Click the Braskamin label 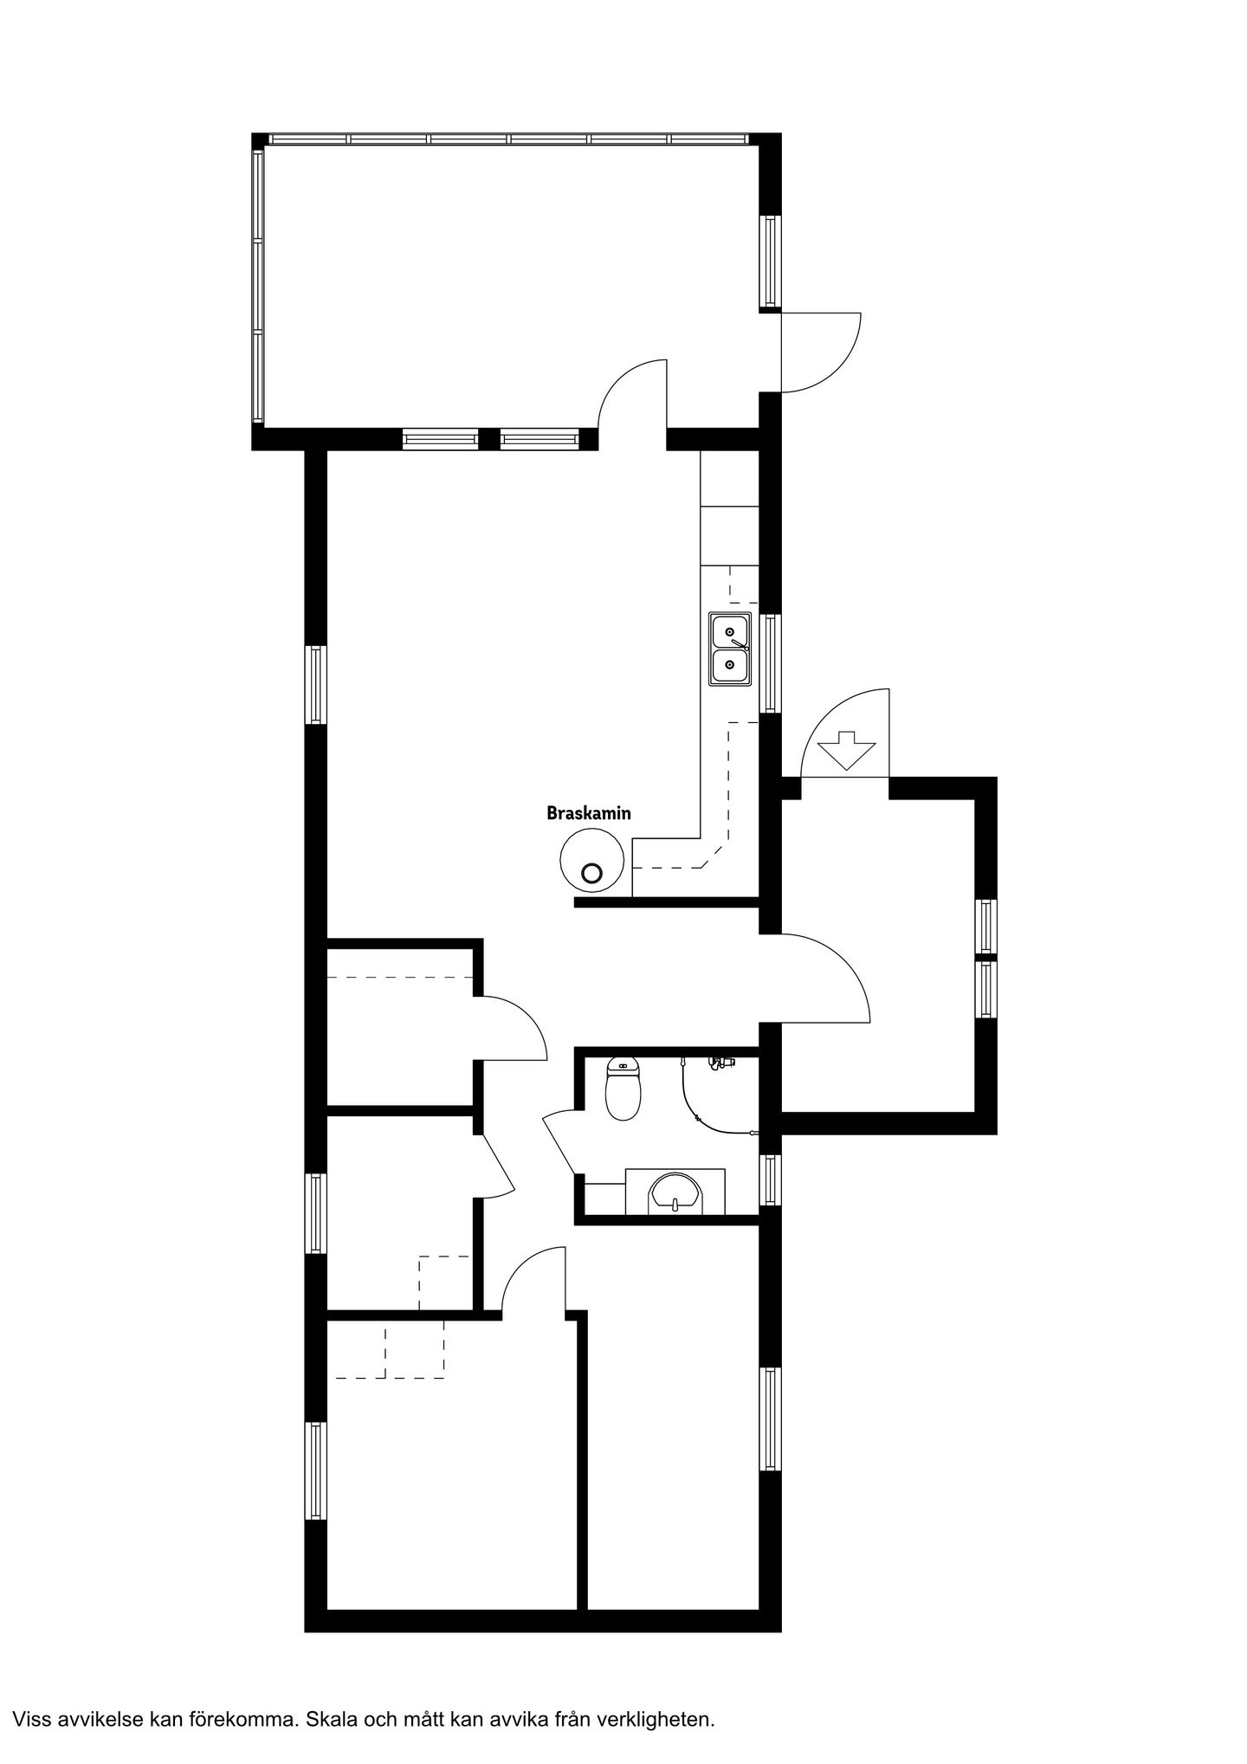(x=588, y=813)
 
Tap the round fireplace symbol (x=592, y=860)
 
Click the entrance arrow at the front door (x=845, y=751)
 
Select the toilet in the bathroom (x=623, y=1089)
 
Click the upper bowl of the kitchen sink (x=730, y=631)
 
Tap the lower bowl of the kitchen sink (x=730, y=666)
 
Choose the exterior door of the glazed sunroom (x=820, y=352)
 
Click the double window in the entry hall (x=986, y=959)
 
